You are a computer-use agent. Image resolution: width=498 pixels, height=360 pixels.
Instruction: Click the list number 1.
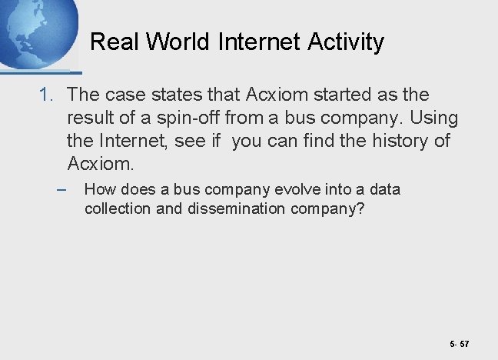47,95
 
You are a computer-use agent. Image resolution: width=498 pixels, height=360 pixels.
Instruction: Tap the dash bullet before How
61,189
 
